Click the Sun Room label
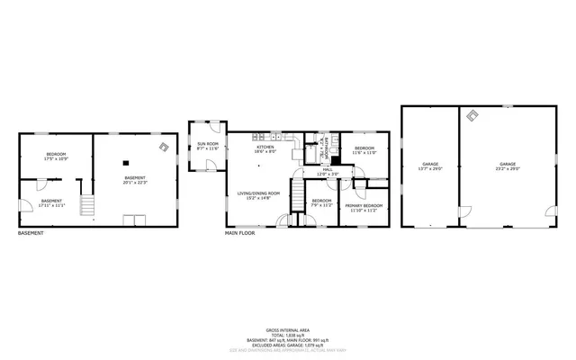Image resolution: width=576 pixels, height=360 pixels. (x=208, y=144)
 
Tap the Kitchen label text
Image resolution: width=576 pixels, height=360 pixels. (x=265, y=147)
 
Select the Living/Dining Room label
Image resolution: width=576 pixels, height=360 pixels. (x=258, y=193)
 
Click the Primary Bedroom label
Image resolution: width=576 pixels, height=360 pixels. (x=364, y=205)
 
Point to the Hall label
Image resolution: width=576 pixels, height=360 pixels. (x=328, y=168)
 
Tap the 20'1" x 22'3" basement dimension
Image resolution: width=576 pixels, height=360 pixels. (x=135, y=183)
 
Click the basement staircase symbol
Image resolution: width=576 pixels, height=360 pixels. (x=87, y=208)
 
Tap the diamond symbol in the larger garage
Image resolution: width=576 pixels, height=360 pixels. (x=472, y=114)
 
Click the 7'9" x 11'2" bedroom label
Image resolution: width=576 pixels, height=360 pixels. (x=321, y=202)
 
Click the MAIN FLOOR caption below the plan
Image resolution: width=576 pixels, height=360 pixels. (x=240, y=234)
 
